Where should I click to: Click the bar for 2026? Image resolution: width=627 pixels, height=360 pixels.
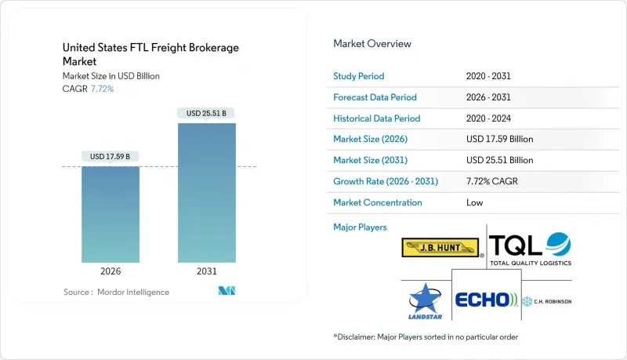(x=111, y=213)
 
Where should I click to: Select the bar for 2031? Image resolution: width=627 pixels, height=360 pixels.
(x=206, y=192)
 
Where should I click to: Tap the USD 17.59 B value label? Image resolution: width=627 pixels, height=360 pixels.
(x=111, y=156)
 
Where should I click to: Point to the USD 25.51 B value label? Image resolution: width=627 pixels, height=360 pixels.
(x=206, y=113)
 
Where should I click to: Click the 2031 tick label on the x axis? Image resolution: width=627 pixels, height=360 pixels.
(x=206, y=271)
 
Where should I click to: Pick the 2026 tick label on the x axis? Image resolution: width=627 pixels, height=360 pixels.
(x=111, y=271)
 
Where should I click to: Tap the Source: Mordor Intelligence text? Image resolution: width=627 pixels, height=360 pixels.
(x=116, y=292)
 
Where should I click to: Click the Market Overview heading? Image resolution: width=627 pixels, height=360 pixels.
(x=372, y=43)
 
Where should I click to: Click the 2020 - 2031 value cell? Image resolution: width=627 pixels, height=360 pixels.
(x=489, y=76)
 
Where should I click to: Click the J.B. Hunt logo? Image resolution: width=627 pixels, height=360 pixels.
(x=440, y=249)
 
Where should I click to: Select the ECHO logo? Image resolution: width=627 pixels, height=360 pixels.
(x=485, y=299)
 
